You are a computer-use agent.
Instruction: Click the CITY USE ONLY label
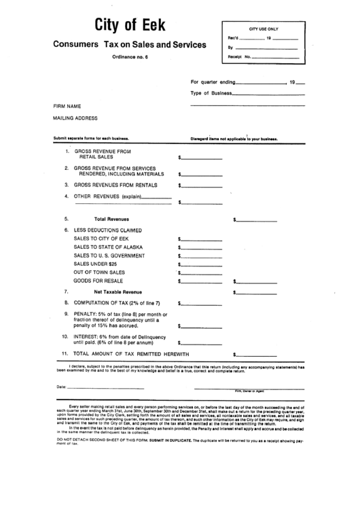point(264,30)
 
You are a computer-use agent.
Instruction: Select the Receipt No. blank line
point(275,58)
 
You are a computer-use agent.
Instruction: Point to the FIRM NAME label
point(67,107)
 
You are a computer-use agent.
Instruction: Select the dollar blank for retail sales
point(202,158)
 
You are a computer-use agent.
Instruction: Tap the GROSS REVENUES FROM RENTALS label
point(115,184)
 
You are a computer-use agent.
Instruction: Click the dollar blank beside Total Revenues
point(257,221)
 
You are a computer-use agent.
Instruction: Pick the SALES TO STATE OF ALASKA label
point(108,247)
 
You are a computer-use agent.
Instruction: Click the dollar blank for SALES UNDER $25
point(202,265)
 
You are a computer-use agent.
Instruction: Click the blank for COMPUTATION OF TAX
point(202,304)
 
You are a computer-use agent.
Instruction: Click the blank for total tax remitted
point(257,355)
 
